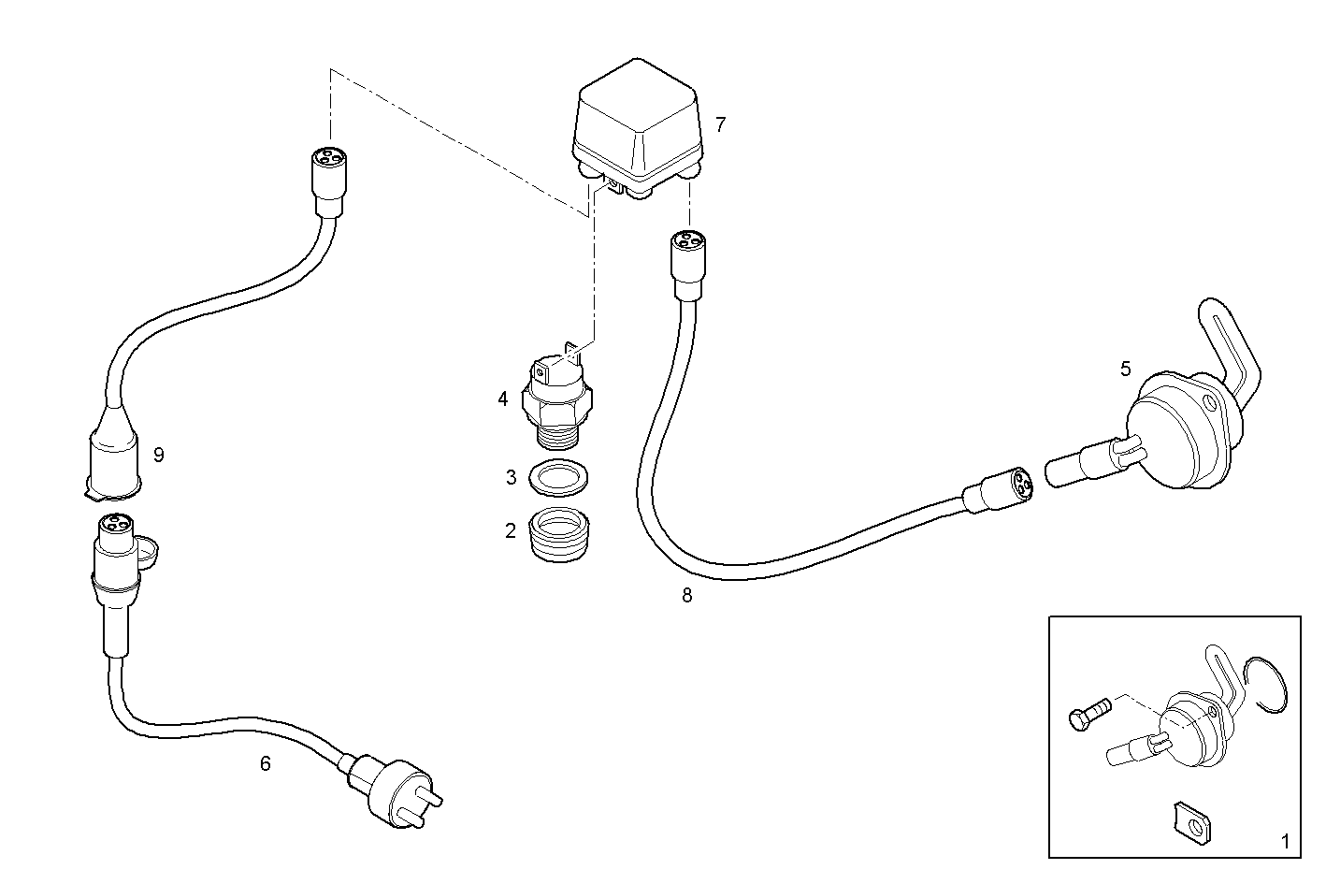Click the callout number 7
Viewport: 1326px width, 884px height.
click(x=720, y=124)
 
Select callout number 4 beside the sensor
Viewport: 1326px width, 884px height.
click(x=503, y=399)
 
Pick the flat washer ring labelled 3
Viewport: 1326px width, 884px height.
click(x=559, y=478)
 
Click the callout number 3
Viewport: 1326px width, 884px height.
click(x=511, y=478)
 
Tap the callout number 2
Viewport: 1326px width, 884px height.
click(x=510, y=531)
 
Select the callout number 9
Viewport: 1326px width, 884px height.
click(x=159, y=456)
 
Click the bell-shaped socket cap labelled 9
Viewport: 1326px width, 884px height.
click(x=112, y=458)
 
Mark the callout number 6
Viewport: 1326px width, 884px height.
click(x=265, y=764)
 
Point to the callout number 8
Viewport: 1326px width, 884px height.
click(x=687, y=596)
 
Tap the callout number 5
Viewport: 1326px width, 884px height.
click(x=1125, y=369)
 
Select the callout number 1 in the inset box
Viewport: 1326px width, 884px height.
click(x=1284, y=842)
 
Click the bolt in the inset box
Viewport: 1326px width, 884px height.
click(x=1085, y=716)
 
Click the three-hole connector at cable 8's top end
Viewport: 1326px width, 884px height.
click(x=687, y=244)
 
